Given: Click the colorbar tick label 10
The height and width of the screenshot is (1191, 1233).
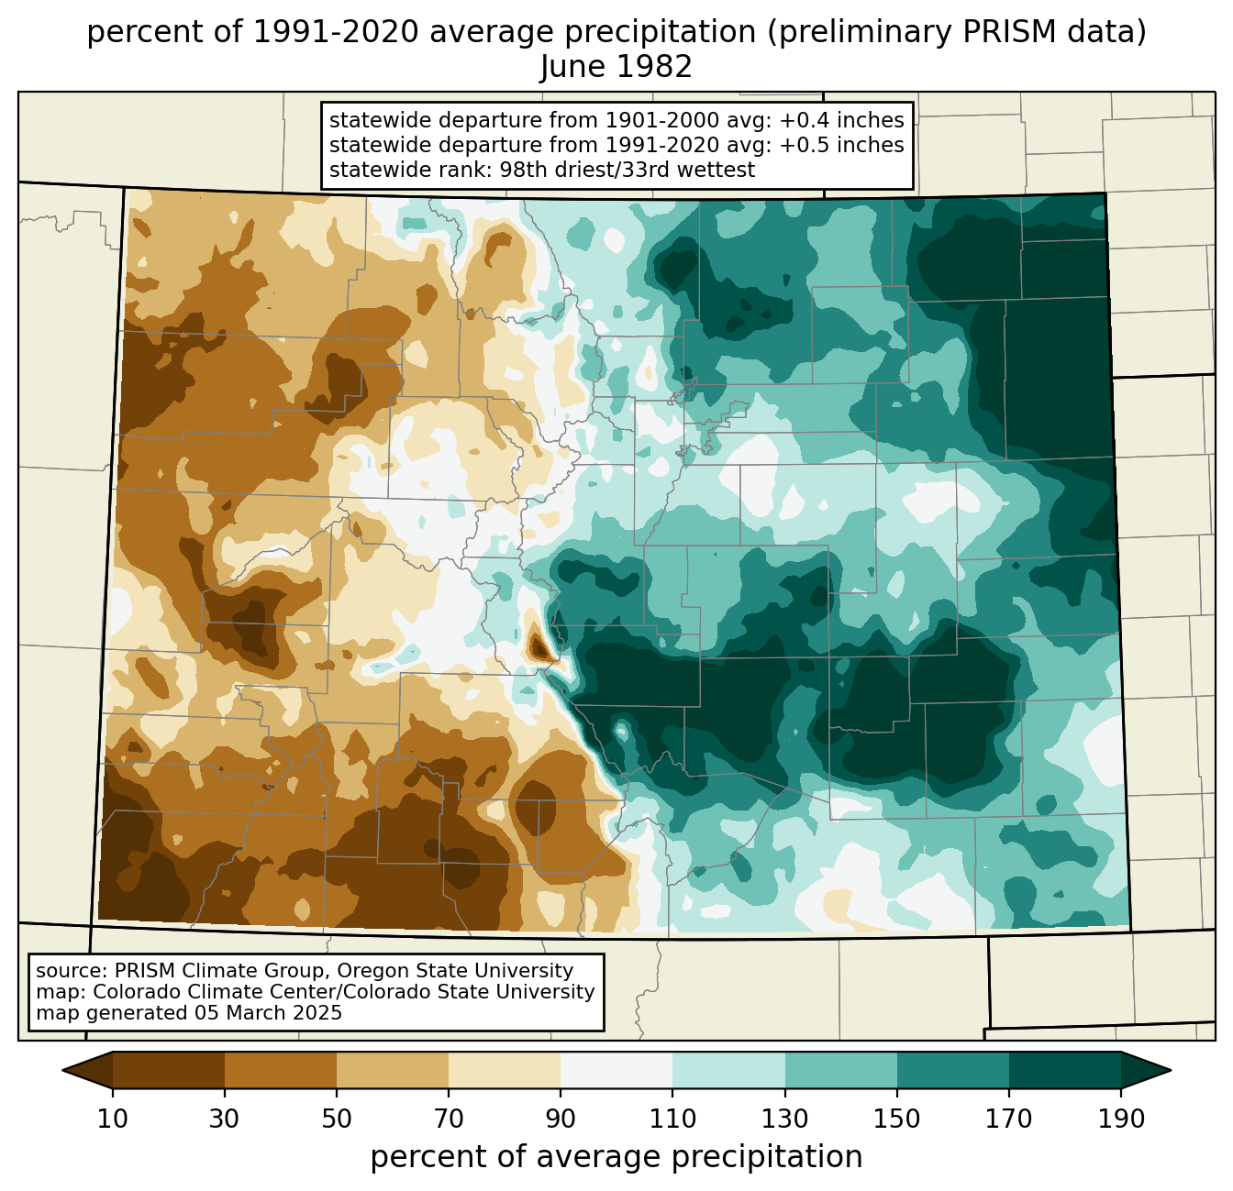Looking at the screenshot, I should pos(113,1119).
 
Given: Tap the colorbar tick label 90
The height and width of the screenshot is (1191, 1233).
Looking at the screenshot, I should pos(561,1119).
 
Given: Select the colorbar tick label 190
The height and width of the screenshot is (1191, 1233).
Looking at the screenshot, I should pos(1121,1119).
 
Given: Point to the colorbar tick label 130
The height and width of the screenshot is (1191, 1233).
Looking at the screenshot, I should pos(785,1119).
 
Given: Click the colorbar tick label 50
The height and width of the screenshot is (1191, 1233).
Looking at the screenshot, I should pos(337,1119).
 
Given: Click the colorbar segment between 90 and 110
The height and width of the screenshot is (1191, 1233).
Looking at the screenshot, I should pos(616,1070).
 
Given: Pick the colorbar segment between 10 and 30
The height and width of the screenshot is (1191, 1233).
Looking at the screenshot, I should pos(169,1070).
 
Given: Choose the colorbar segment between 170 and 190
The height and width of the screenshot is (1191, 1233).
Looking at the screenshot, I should pos(1065,1070).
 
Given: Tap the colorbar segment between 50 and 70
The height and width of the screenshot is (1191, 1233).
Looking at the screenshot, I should pos(393,1070).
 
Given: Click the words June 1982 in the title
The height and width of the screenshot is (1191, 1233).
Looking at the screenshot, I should pos(616,67).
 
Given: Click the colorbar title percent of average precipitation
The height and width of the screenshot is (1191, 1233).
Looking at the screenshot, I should pos(616,1157).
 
